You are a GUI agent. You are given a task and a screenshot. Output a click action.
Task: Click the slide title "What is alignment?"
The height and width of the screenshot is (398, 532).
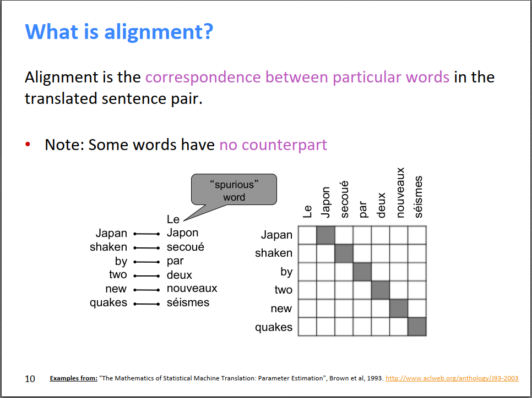point(119,31)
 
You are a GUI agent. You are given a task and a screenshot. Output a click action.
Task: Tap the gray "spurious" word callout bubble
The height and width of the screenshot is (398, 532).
point(234,189)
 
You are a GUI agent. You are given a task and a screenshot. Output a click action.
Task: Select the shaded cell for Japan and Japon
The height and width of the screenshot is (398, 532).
point(325,235)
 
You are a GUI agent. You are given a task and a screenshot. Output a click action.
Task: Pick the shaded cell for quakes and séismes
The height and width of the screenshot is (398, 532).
point(417,327)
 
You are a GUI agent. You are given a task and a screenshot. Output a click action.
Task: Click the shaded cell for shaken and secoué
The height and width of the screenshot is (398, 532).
point(344,253)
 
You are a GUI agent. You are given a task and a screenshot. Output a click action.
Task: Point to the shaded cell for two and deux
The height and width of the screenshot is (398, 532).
point(381,290)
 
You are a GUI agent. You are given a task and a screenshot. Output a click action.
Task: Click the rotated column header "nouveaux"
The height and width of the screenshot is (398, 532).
point(400,192)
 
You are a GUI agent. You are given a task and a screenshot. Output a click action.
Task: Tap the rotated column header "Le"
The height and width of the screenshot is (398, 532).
point(307,211)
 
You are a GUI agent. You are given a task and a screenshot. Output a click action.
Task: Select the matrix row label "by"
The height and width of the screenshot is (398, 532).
point(286,272)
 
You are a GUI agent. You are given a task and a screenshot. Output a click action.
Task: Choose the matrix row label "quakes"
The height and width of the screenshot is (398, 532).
point(274,327)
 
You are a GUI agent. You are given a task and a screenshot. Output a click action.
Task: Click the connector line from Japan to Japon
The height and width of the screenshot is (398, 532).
point(146,234)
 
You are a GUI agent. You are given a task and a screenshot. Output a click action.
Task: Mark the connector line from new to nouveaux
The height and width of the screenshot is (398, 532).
point(146,290)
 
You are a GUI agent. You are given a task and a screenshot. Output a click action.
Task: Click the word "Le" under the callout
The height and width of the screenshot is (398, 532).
point(173,219)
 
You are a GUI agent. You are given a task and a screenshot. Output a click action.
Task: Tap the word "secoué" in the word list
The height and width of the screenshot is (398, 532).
point(185,247)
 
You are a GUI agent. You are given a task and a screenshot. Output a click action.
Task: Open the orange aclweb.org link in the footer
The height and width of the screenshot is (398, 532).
point(452,378)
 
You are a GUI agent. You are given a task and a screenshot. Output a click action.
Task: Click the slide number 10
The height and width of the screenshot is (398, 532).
point(30,379)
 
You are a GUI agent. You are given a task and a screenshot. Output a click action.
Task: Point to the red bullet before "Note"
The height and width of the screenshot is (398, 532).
point(28,144)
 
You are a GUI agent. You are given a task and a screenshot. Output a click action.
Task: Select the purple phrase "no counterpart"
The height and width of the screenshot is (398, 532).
point(273,145)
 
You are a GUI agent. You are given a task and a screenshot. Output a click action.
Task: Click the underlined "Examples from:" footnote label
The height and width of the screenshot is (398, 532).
point(74,378)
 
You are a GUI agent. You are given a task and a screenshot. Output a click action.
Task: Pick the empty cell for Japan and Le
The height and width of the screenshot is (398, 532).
point(307,235)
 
